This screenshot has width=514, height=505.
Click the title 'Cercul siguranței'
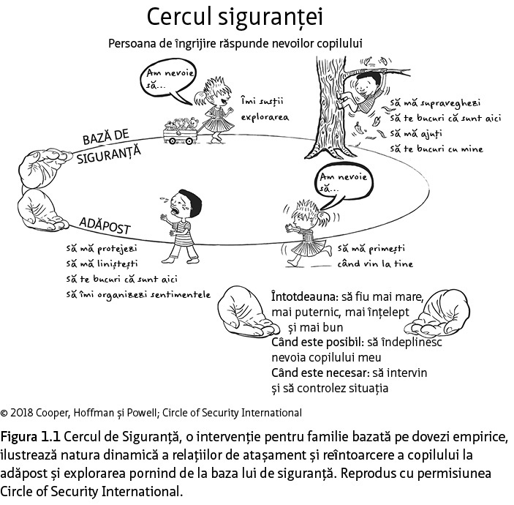234,15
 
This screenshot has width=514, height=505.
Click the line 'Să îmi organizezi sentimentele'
137,294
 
